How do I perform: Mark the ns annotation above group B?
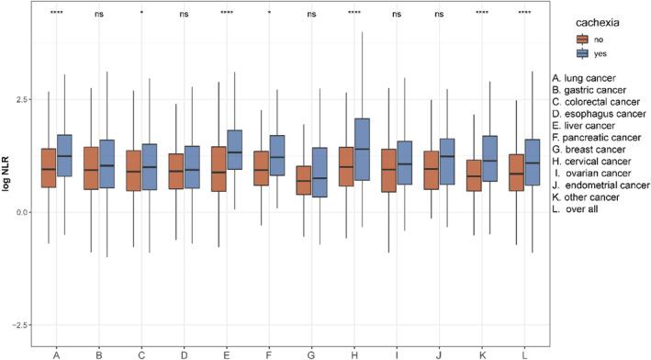[x=98, y=14]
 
